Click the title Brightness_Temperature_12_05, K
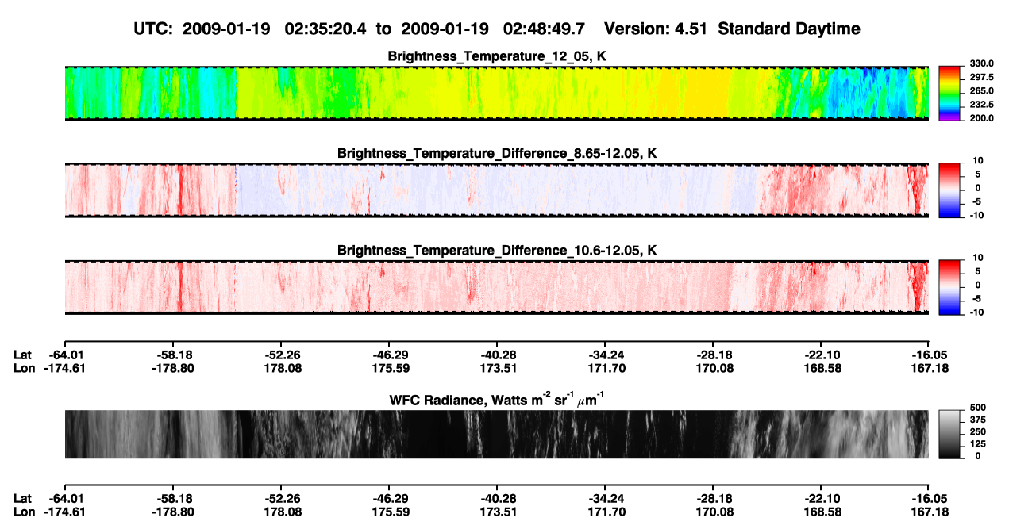click(497, 56)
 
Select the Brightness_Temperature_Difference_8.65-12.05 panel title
click(497, 153)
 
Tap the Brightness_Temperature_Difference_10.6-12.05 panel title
click(497, 251)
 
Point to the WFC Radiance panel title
click(497, 400)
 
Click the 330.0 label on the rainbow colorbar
click(981, 63)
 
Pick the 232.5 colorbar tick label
click(981, 105)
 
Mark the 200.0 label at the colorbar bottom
click(981, 118)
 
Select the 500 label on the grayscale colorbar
click(978, 408)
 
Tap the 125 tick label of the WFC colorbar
click(978, 444)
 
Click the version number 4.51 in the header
click(690, 29)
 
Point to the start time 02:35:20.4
click(325, 29)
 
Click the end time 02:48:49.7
click(544, 29)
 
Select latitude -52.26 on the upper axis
click(283, 355)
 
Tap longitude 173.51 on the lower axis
click(498, 512)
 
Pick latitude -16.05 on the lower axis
click(930, 499)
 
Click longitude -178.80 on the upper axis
click(173, 368)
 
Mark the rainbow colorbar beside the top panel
click(949, 94)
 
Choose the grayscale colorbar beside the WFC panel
click(949, 434)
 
